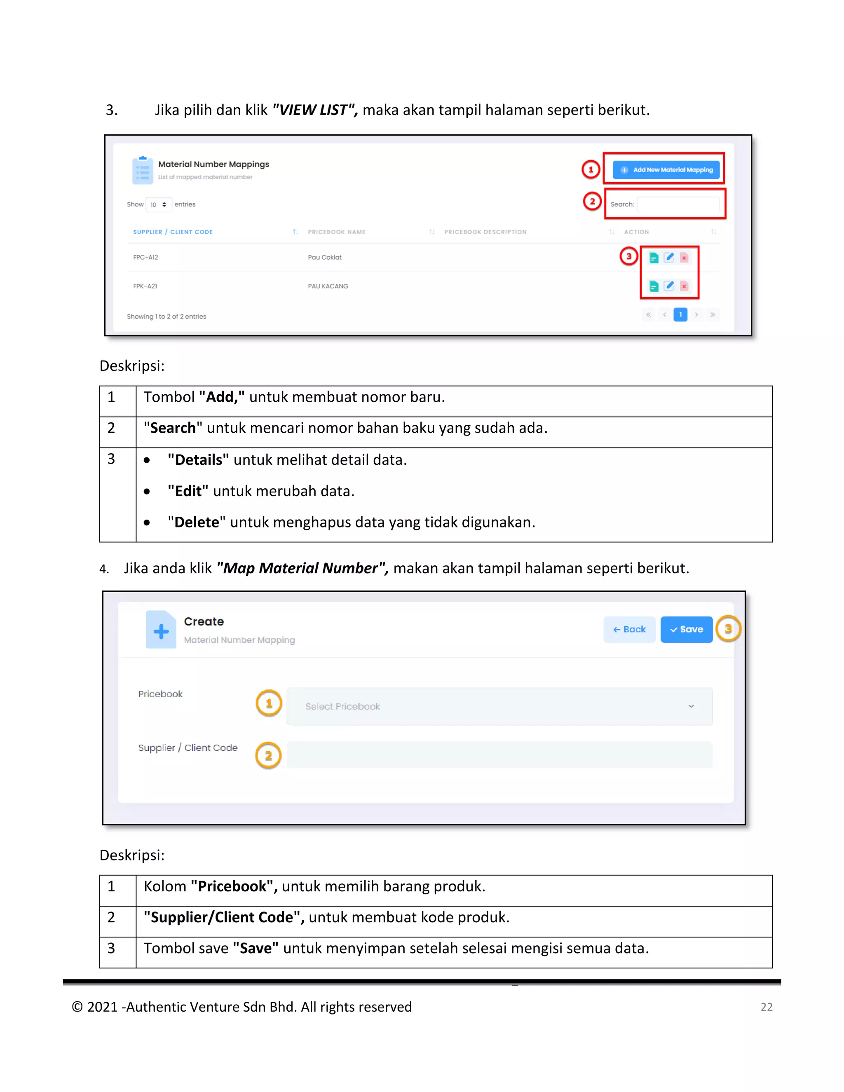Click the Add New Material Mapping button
pos(666,170)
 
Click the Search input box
pos(678,204)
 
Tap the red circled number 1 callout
pos(591,169)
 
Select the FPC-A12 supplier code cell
pos(145,258)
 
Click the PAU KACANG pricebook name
pos(328,286)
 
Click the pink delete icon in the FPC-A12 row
pos(684,258)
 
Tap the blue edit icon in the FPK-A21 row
pos(669,286)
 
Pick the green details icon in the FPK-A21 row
pos(654,286)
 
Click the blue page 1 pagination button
pos(680,314)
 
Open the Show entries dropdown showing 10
pos(159,204)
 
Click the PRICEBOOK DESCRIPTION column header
pos(485,232)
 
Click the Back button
pos(629,630)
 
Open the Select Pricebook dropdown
pos(499,706)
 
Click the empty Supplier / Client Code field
pos(499,755)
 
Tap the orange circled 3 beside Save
pos(728,629)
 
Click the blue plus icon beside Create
pos(161,631)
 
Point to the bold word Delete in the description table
pos(197,523)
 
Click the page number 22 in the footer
pos(766,1007)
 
